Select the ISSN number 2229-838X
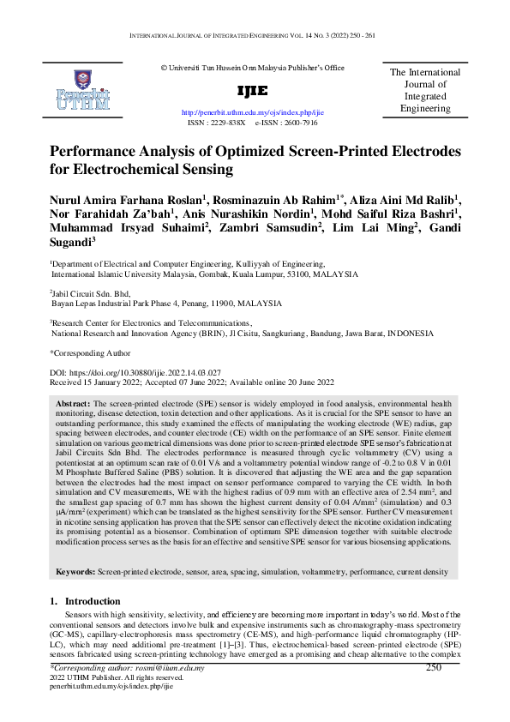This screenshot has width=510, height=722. [x=225, y=123]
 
